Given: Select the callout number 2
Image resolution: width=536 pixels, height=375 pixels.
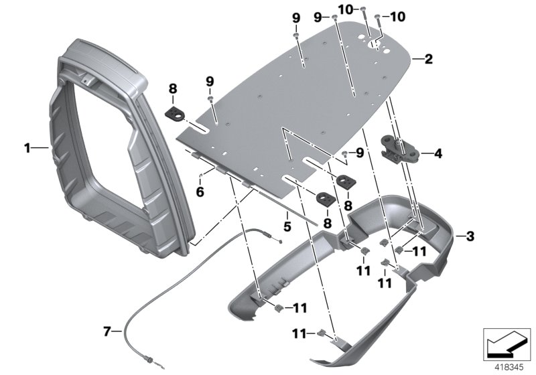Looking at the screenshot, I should coord(428,59).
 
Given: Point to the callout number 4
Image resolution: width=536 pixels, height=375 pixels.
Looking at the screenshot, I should coord(438,153).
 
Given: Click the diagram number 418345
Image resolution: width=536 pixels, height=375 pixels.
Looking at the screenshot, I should coord(505,366).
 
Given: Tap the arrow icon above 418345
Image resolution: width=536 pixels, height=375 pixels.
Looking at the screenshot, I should coord(505,343).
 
